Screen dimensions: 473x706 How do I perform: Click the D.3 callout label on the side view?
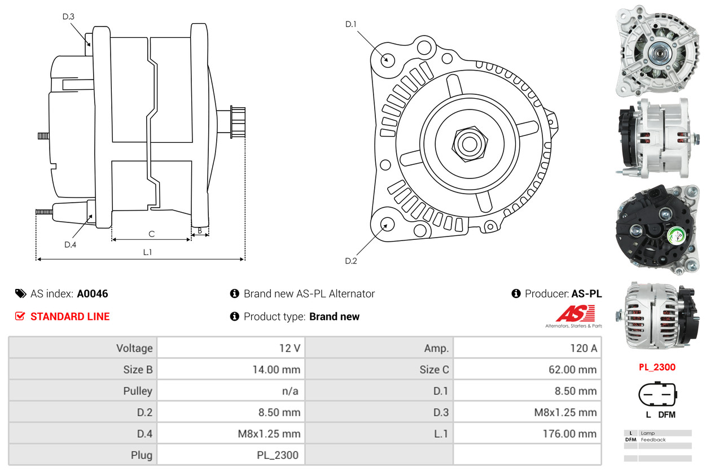point(68,16)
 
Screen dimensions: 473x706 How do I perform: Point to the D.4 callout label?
point(70,244)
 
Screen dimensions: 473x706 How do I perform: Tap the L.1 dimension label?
point(147,252)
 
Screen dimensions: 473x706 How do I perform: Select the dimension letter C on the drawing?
point(151,234)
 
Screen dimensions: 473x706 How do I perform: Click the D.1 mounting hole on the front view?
point(387,59)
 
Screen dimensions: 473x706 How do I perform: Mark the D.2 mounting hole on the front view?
point(387,224)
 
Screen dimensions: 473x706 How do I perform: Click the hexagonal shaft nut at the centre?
point(468,143)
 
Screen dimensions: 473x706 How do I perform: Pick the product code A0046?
point(93,294)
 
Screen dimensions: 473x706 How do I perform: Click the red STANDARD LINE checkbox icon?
point(20,316)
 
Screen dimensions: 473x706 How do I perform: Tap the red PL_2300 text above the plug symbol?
point(657,367)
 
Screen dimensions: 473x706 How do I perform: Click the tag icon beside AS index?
point(20,294)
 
